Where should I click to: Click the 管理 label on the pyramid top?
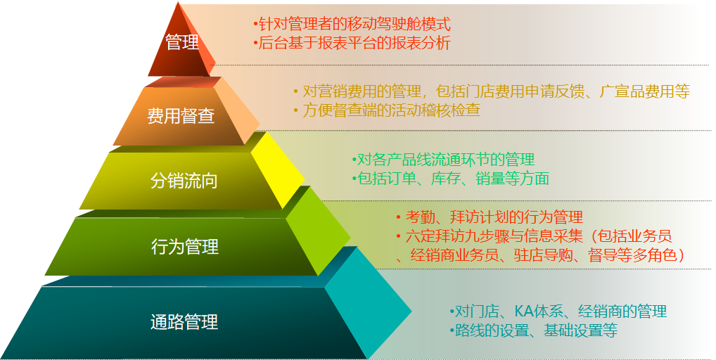(182, 42)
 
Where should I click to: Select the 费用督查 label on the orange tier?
(181, 115)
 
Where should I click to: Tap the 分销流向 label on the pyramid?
(184, 181)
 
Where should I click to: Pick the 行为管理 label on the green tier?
(185, 246)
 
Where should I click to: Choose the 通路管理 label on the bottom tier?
(184, 321)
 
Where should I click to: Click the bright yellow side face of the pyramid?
(278, 169)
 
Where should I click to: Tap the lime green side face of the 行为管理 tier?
(318, 231)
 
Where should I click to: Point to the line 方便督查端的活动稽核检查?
(387, 110)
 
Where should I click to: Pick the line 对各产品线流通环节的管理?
(443, 160)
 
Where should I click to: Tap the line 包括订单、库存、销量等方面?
(450, 179)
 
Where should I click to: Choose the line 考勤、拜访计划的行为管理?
(490, 217)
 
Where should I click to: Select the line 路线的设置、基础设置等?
(533, 330)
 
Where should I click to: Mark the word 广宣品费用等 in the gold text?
(645, 91)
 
